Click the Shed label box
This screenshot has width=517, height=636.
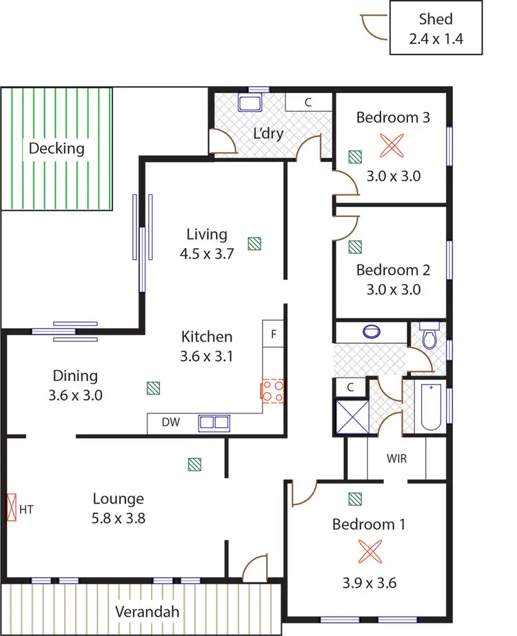pos(435,28)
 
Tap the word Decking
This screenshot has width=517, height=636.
pos(57,147)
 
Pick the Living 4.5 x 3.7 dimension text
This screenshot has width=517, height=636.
pos(207,254)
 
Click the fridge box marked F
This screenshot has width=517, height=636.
pos(274,335)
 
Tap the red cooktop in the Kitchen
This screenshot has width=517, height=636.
pos(272,391)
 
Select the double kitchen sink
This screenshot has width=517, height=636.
pos(213,422)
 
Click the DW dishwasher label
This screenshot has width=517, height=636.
pos(171,422)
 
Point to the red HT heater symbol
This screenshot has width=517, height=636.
pos(11,509)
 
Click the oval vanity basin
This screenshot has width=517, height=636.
pos(372,331)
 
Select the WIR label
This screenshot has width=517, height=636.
pos(396,458)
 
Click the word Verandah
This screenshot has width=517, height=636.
pos(147,612)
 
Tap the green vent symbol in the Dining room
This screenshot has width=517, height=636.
pos(153,388)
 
